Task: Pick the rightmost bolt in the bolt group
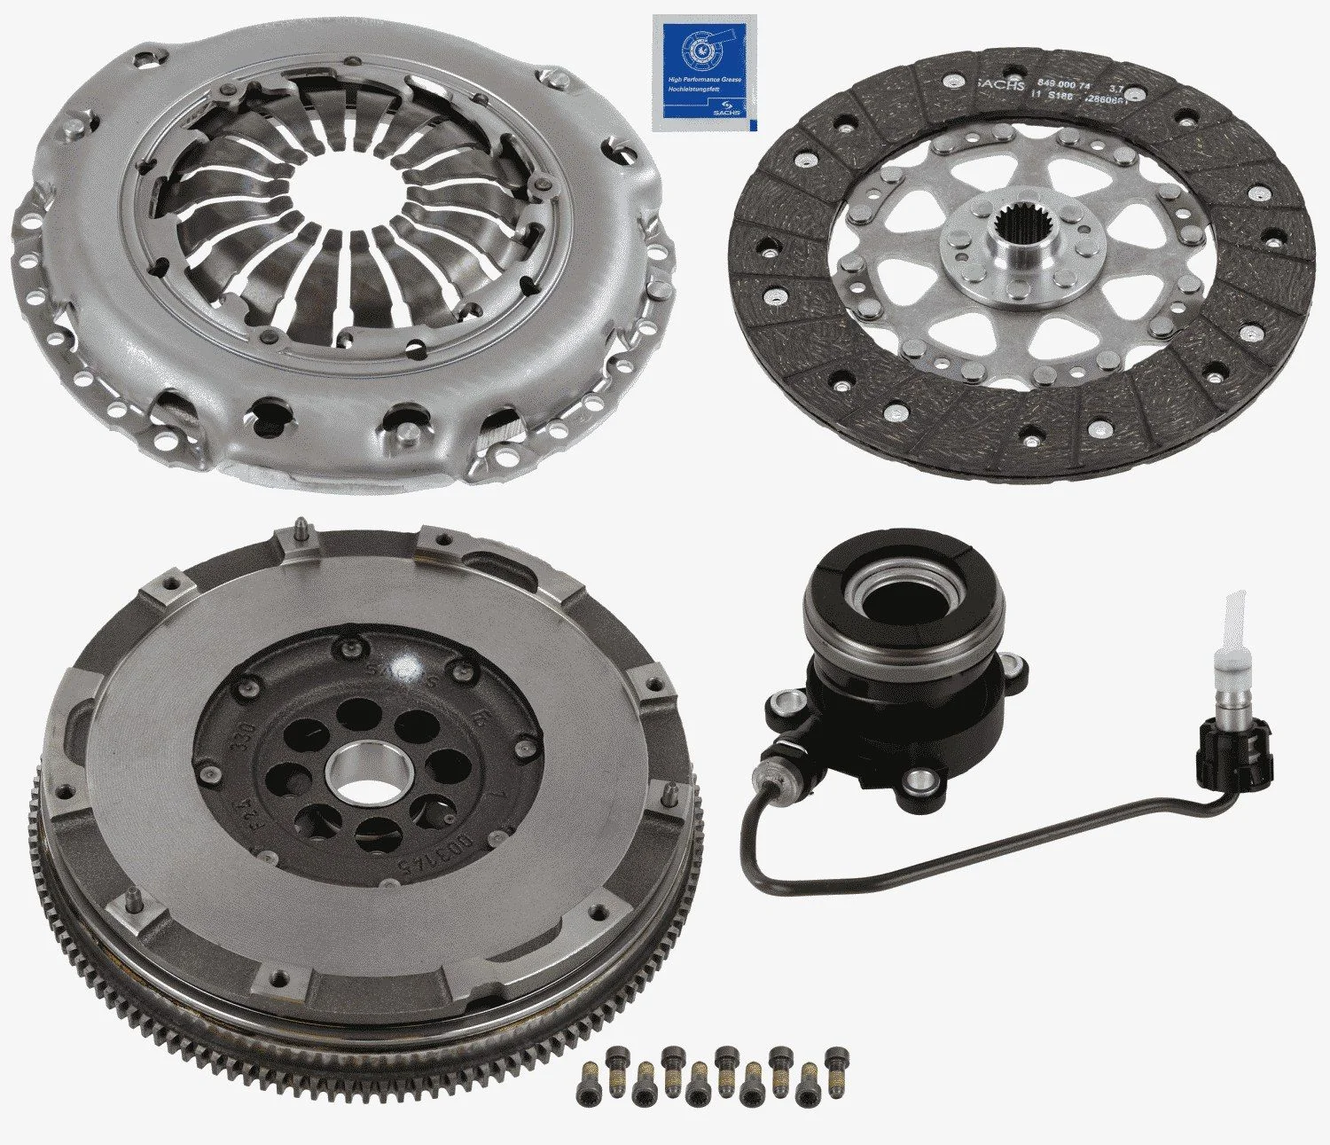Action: tap(833, 1058)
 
